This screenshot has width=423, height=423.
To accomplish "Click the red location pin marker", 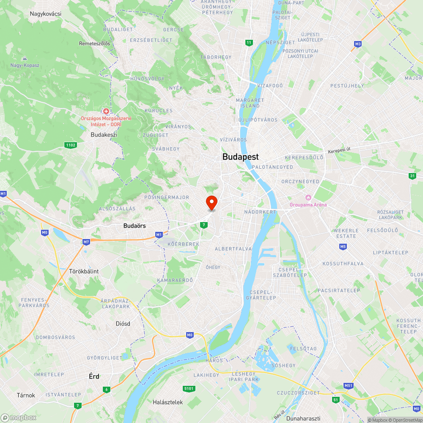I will click(x=211, y=203).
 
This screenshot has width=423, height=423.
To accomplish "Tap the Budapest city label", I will click(x=240, y=157).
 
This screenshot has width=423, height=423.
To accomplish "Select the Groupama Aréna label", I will click(x=308, y=205).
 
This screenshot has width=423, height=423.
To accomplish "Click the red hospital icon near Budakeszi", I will click(x=106, y=112).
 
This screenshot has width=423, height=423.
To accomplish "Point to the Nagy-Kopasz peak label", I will click(x=25, y=65).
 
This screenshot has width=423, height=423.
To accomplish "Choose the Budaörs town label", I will click(x=135, y=226).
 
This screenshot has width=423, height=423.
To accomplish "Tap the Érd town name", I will click(x=94, y=376).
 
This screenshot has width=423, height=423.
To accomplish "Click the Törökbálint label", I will click(x=84, y=271).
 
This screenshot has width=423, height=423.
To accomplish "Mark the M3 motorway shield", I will click(x=358, y=44).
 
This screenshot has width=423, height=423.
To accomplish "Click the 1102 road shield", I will click(x=71, y=145).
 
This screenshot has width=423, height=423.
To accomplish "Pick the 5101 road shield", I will click(x=189, y=388).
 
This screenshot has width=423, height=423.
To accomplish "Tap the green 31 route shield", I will click(x=412, y=176).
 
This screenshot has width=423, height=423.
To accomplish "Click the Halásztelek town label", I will click(x=168, y=402).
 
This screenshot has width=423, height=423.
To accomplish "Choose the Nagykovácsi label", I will click(x=46, y=14).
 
